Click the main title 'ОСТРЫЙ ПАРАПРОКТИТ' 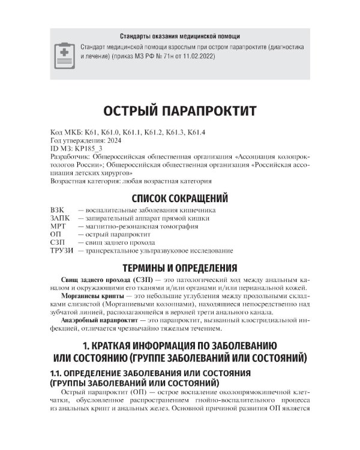180,112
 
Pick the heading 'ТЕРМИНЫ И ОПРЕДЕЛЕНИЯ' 180,268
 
